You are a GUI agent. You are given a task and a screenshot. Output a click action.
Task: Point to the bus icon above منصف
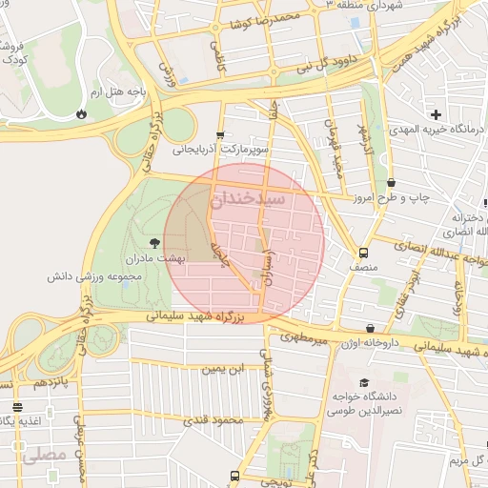(363, 253)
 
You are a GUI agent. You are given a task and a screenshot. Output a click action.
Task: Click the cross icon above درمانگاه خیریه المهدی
(436, 114)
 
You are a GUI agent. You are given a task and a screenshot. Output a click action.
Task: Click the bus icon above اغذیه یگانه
(17, 408)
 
